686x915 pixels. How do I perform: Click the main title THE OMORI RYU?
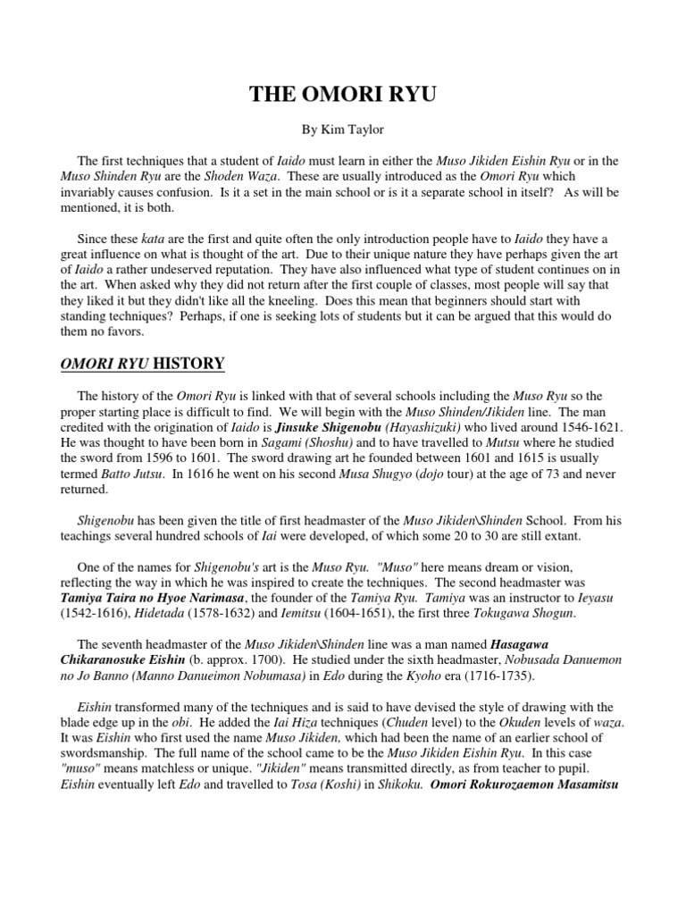tap(342, 96)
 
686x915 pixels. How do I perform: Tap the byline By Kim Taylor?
tap(342, 130)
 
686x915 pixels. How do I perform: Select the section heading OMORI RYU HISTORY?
tap(142, 364)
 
